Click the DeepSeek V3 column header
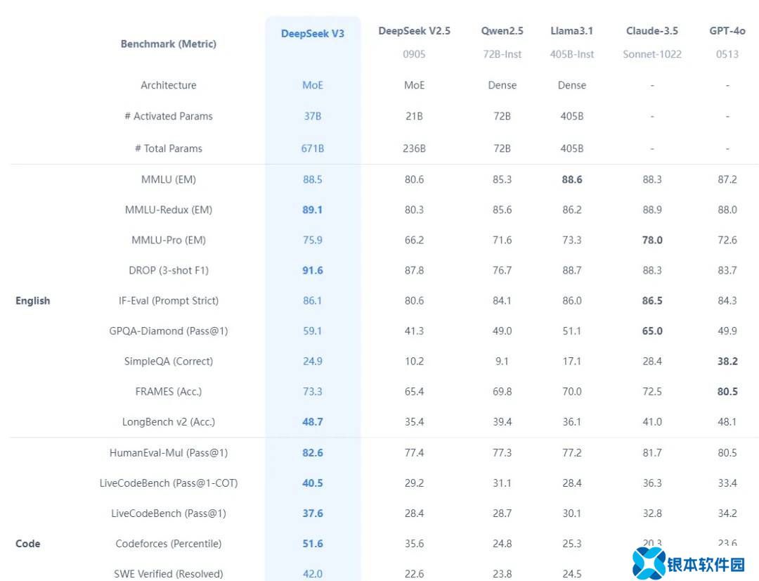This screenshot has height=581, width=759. point(313,34)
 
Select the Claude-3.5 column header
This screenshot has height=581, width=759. point(651,31)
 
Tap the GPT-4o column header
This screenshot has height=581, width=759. point(727,31)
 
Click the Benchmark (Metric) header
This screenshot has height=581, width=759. point(169,44)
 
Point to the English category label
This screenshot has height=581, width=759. point(33,300)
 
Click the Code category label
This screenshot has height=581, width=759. point(28,544)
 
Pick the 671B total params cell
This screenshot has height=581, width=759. point(313,148)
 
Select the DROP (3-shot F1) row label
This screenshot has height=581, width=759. point(169,270)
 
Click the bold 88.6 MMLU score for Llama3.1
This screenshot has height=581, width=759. point(572,179)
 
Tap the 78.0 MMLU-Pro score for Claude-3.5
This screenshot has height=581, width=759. point(652,240)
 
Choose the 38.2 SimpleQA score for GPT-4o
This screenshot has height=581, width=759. point(727,361)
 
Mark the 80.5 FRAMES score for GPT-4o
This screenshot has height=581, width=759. point(727,391)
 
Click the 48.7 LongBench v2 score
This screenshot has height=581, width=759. point(313,422)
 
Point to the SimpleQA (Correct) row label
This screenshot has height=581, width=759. point(169,361)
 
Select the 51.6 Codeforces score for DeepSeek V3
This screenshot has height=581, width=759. point(313,544)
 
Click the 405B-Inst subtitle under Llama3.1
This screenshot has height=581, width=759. point(572,54)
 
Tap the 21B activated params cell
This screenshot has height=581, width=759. point(415,116)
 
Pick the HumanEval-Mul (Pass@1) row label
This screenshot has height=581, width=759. point(169,453)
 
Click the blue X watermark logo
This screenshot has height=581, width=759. point(649,563)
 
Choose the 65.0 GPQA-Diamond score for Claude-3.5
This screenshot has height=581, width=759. point(652,331)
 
